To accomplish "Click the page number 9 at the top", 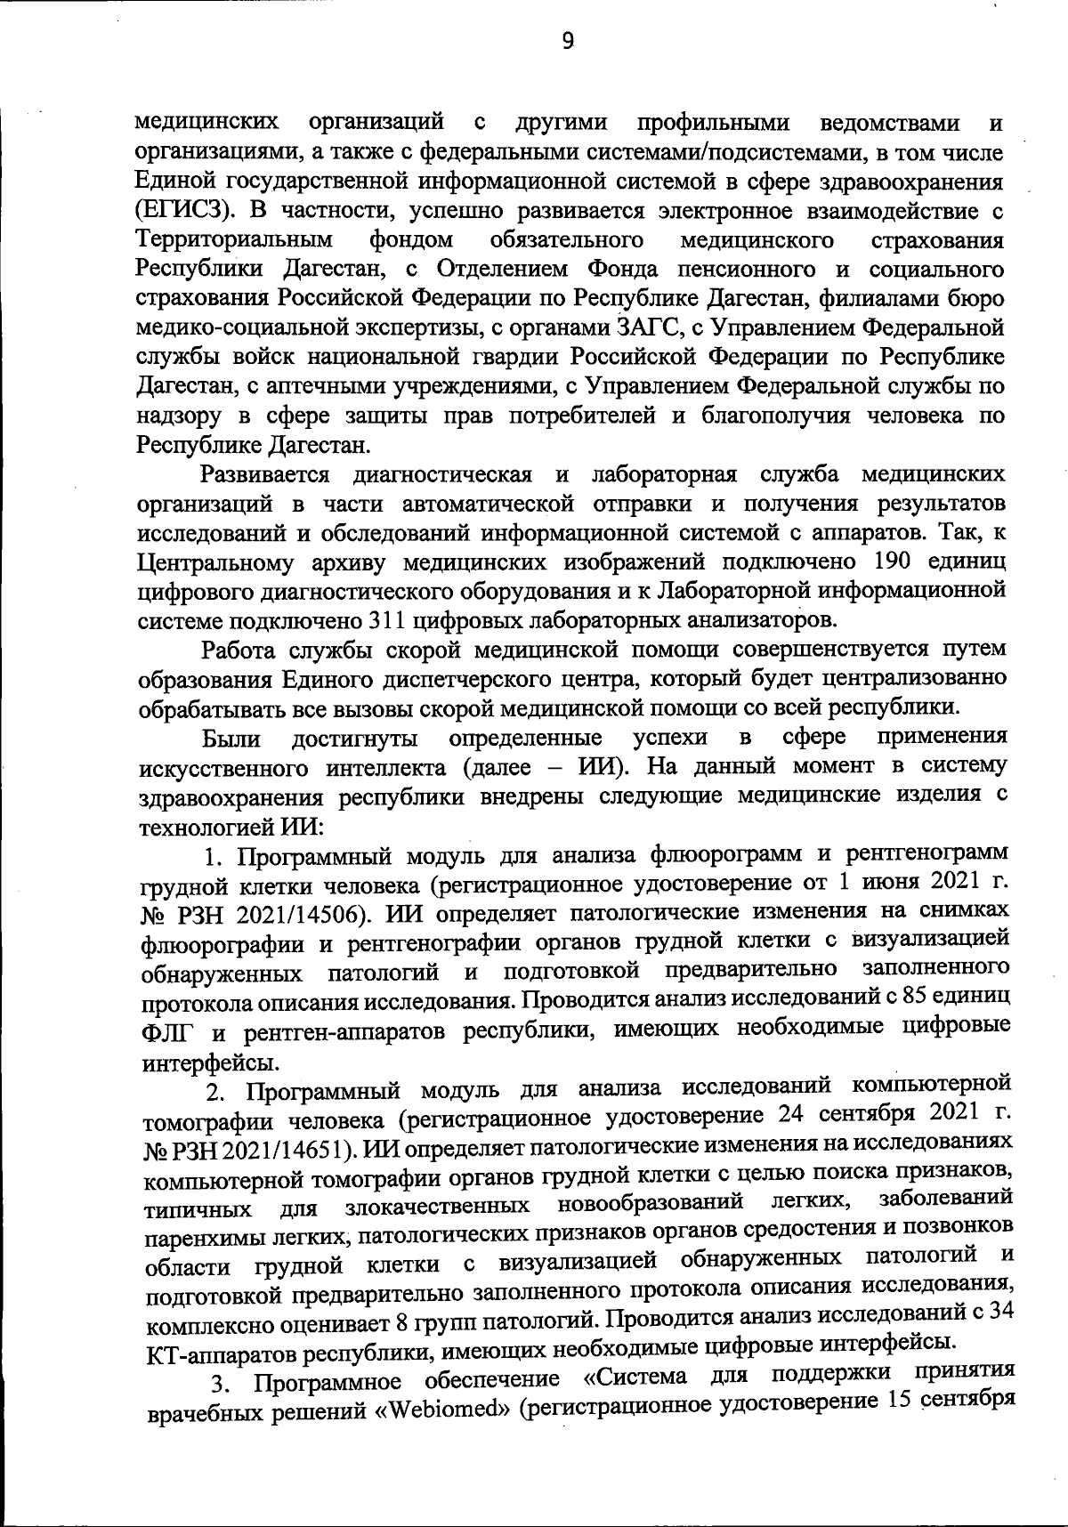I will click(568, 40).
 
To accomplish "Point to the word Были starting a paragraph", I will click(231, 738).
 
